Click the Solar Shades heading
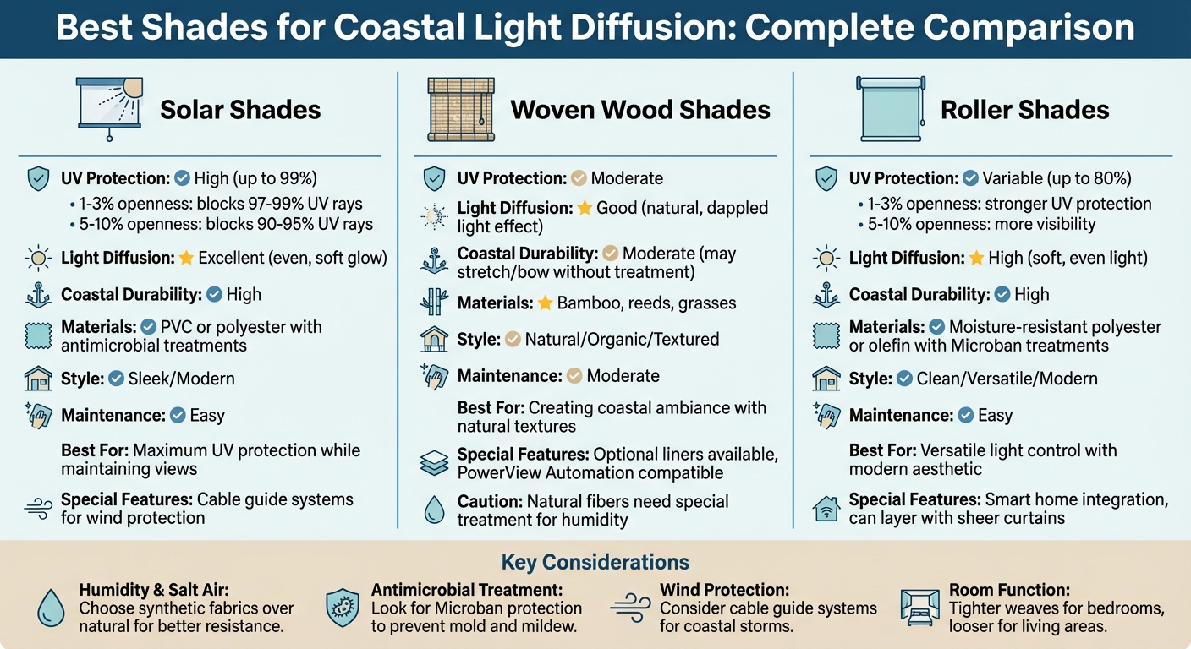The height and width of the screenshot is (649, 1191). point(240,110)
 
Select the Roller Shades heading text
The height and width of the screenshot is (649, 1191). point(1024,110)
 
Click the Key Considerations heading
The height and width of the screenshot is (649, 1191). point(595,562)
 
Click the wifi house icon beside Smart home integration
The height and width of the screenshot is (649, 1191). point(825,509)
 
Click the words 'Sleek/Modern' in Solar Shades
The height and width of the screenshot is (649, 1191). point(181,379)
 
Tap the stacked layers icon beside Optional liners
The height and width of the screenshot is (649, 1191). point(433,462)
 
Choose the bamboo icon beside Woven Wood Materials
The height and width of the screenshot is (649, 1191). point(433,303)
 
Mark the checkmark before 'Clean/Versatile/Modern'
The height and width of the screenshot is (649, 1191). point(903,379)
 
